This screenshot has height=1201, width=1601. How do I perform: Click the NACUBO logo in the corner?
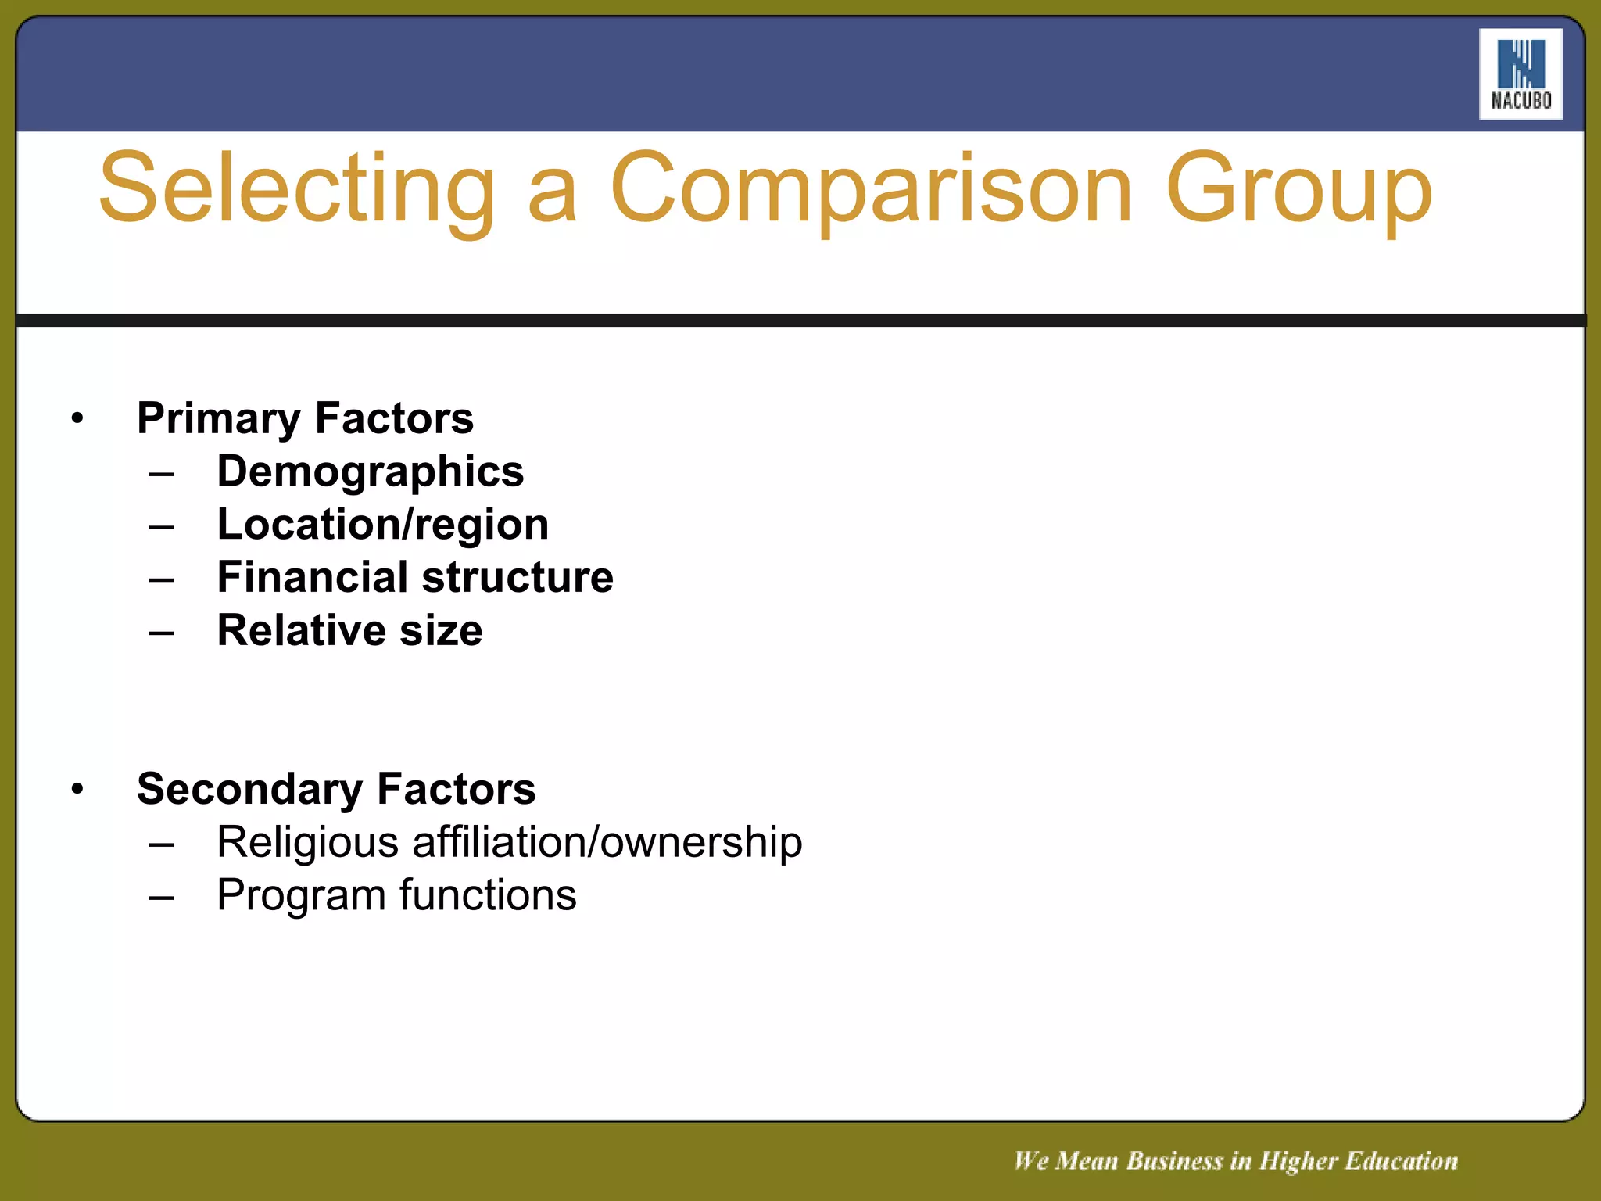(1520, 74)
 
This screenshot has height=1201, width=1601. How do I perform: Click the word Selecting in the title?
(297, 189)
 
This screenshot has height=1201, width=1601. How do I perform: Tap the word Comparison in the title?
(870, 189)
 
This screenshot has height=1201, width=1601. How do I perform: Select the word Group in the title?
(1298, 189)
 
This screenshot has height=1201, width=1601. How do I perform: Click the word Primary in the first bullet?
(218, 418)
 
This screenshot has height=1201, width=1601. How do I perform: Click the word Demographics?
(370, 471)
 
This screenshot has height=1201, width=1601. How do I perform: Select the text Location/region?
(382, 524)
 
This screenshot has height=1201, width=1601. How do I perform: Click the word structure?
(518, 577)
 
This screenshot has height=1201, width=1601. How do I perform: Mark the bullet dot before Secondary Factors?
(77, 790)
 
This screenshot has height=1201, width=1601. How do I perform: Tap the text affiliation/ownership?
(607, 842)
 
